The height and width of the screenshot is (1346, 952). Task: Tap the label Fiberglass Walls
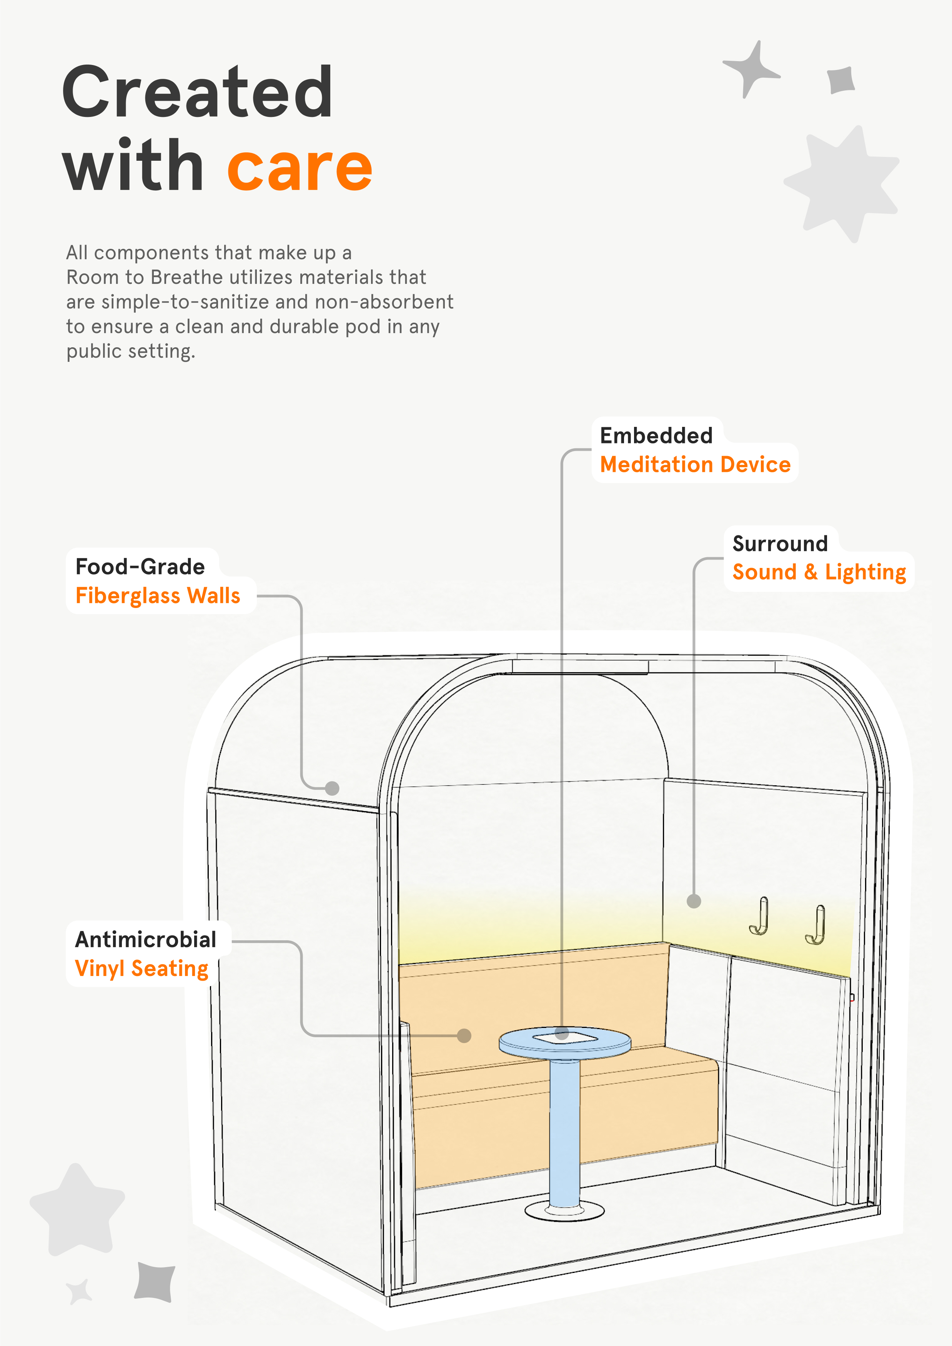tap(158, 596)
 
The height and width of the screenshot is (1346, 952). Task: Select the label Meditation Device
tap(695, 464)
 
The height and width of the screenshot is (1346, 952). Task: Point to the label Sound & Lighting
tap(819, 572)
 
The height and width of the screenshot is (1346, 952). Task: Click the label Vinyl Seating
tap(142, 968)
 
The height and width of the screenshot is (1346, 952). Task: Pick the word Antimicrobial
tap(145, 939)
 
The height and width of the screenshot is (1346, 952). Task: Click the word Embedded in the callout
tap(656, 436)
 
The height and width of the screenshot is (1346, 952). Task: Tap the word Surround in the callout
tap(780, 543)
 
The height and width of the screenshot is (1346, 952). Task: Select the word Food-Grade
tap(140, 567)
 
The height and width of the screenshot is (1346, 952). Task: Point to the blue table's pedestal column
tap(564, 1131)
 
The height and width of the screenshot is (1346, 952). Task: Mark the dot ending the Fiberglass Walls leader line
tap(332, 788)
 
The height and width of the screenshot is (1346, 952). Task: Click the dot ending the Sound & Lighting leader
tap(694, 901)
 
